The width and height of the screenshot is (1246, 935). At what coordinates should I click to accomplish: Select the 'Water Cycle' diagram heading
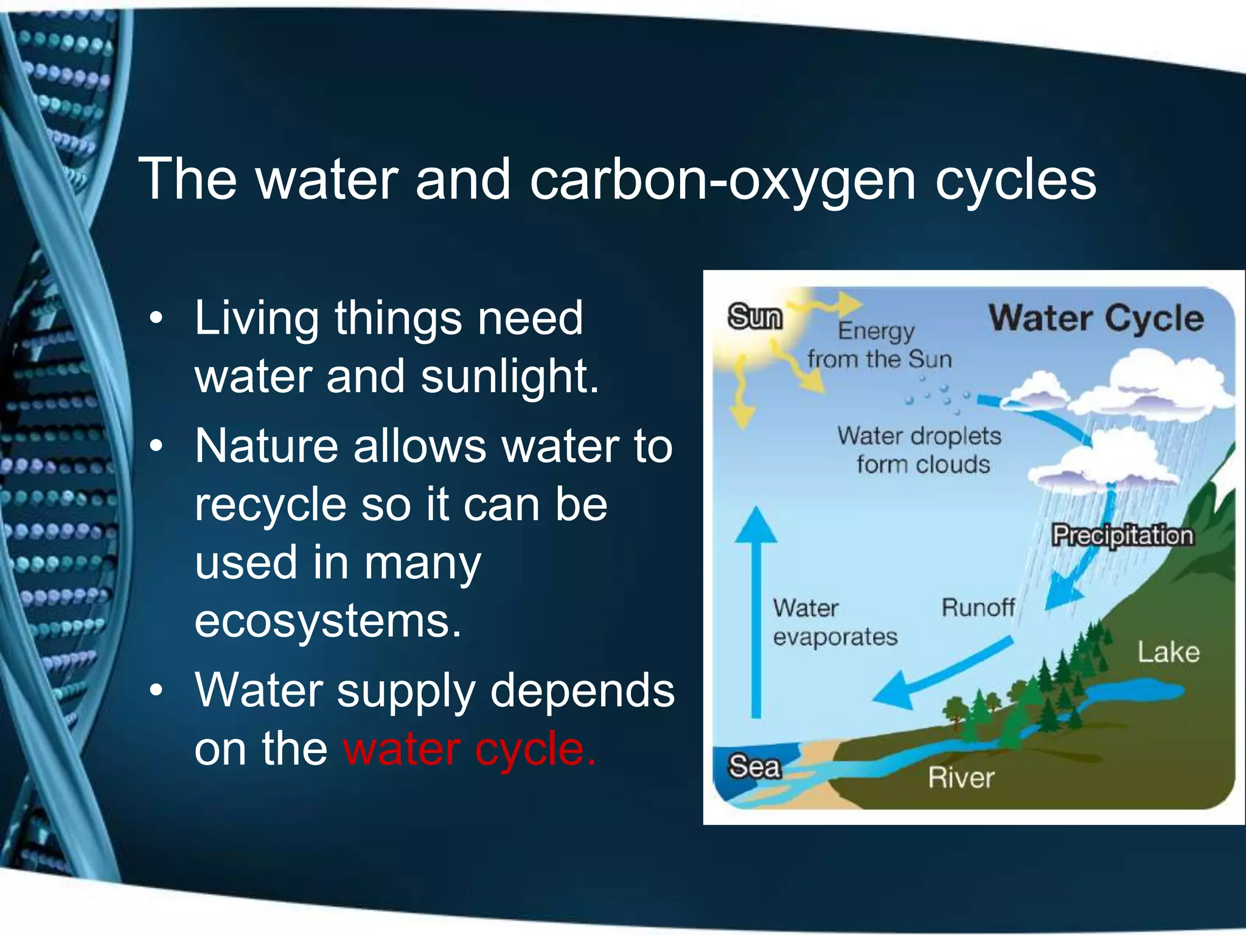[x=1096, y=318]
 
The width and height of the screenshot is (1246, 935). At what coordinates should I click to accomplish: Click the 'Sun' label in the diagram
[x=754, y=317]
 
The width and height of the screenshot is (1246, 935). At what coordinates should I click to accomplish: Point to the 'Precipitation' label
[x=1122, y=536]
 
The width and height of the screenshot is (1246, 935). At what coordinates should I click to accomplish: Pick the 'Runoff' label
[x=978, y=608]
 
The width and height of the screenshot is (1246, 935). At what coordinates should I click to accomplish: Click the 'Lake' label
[x=1168, y=653]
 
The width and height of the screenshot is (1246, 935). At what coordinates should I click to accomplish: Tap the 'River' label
[x=961, y=779]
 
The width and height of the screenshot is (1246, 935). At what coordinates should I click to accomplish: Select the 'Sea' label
[x=754, y=767]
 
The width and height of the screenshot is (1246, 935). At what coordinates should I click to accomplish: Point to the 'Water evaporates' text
[x=834, y=622]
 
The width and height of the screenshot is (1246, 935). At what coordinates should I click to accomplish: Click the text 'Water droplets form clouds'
[x=919, y=450]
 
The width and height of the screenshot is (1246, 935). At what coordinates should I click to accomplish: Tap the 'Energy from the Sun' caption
[x=879, y=345]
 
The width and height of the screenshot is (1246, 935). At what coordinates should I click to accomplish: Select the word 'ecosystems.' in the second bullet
[x=328, y=621]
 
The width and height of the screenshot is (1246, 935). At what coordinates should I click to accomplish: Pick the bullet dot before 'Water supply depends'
[x=156, y=691]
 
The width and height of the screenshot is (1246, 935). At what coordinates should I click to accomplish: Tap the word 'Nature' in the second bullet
[x=265, y=446]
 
